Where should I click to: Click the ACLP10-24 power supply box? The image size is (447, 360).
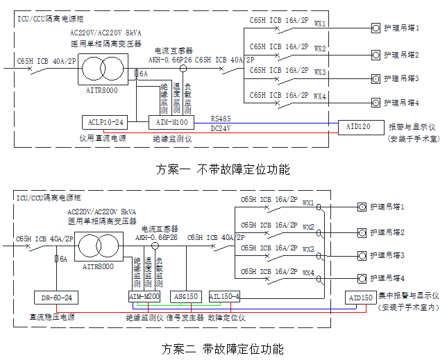click(106, 122)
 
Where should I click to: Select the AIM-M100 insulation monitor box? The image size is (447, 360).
click(169, 122)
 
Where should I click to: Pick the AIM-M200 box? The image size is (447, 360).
click(144, 296)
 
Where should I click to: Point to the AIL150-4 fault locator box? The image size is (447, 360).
click(225, 296)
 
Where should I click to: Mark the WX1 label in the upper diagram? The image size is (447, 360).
click(320, 24)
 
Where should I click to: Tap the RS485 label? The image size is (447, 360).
click(221, 119)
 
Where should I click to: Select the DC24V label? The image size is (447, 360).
click(221, 128)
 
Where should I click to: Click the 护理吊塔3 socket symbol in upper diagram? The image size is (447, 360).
click(376, 78)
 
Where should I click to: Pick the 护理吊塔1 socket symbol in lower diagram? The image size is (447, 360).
click(361, 207)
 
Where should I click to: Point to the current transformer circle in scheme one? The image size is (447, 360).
click(183, 69)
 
